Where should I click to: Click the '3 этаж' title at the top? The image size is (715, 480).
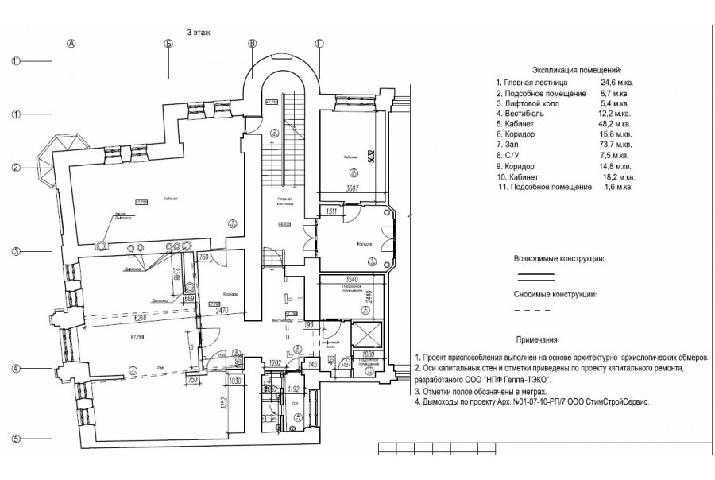point(199,33)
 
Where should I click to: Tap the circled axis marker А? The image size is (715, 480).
point(71,44)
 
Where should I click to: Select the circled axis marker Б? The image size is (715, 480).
point(169,44)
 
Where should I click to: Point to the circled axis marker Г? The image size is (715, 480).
point(319,44)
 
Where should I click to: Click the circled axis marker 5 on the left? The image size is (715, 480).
point(16,439)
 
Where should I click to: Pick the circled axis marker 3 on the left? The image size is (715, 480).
point(16,253)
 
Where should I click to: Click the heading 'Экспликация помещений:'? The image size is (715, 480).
point(566,71)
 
